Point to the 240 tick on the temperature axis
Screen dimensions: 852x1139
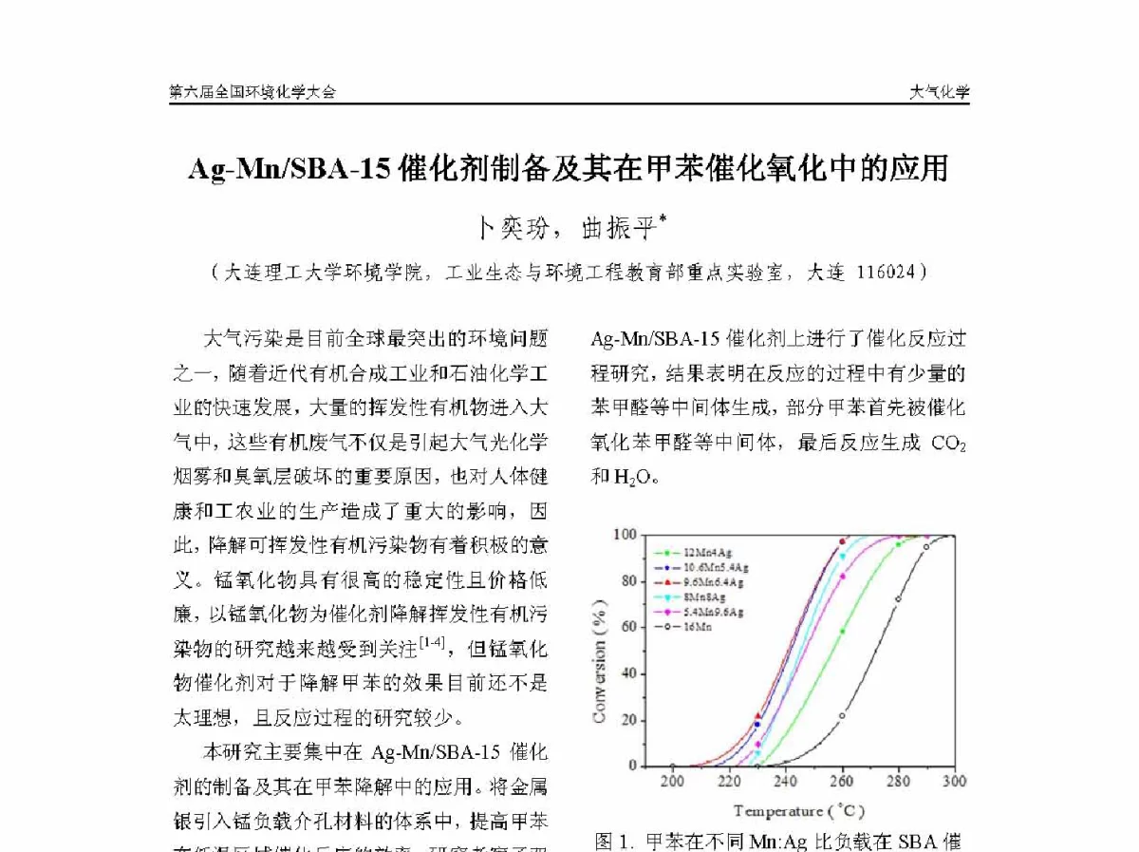coord(785,781)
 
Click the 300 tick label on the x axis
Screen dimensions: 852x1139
coord(954,781)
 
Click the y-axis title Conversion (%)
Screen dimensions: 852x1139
coord(600,659)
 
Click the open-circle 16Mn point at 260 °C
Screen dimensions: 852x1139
coord(842,715)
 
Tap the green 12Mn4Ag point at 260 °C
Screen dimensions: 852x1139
coord(842,631)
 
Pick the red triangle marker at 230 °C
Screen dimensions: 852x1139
coord(757,715)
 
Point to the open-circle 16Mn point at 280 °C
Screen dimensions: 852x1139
coord(898,598)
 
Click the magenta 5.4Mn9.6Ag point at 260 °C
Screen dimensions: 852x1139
coord(842,576)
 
